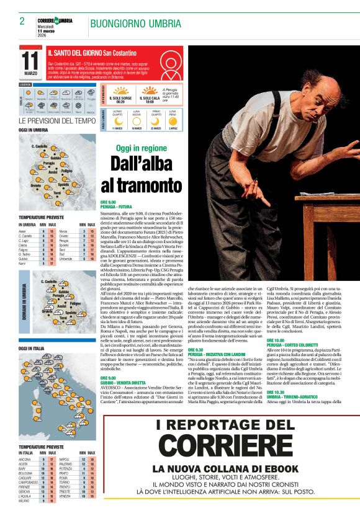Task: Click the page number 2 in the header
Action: click(x=22, y=21)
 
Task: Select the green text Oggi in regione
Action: click(x=142, y=149)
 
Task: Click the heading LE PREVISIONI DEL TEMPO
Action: click(x=57, y=121)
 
